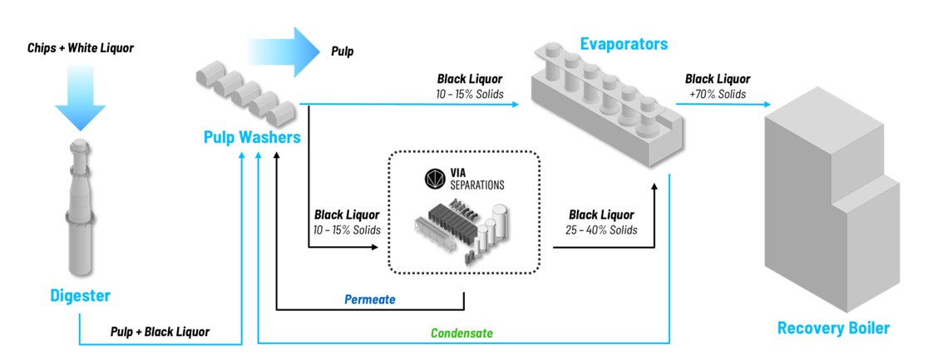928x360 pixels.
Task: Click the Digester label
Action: (80, 295)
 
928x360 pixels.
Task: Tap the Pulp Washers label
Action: (252, 136)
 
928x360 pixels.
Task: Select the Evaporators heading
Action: (624, 43)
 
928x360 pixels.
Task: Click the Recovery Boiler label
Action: (833, 328)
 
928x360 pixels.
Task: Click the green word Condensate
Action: (462, 333)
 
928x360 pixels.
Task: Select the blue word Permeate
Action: (370, 299)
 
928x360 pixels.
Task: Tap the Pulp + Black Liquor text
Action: (160, 332)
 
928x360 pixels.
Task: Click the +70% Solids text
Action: (717, 94)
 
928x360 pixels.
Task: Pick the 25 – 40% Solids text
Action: (601, 229)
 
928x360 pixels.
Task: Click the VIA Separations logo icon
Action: (436, 178)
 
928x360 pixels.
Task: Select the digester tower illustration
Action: (80, 208)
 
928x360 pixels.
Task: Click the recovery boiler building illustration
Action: (832, 208)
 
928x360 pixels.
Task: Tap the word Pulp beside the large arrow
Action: (342, 52)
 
